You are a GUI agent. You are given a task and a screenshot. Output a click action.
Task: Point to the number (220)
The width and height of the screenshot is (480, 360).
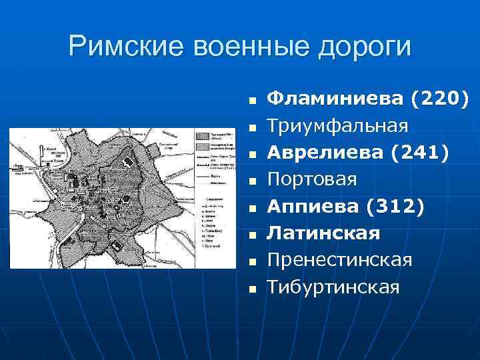point(439,99)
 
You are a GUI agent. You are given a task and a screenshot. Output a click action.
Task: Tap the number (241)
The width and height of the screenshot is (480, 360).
point(420,153)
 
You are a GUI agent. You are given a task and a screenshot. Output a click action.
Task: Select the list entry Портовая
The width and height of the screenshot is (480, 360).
point(312,179)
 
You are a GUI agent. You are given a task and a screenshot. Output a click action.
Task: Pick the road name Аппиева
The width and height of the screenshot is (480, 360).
point(313,207)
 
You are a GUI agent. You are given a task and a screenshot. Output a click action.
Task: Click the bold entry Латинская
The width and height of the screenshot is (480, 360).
point(323,233)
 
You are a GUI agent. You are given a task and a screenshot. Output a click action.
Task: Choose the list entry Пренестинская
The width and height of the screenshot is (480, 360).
point(339,260)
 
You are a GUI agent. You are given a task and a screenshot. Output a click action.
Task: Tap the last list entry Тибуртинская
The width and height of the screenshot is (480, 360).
point(333,287)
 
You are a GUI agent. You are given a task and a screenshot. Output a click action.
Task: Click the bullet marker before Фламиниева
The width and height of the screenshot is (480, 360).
point(252,101)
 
